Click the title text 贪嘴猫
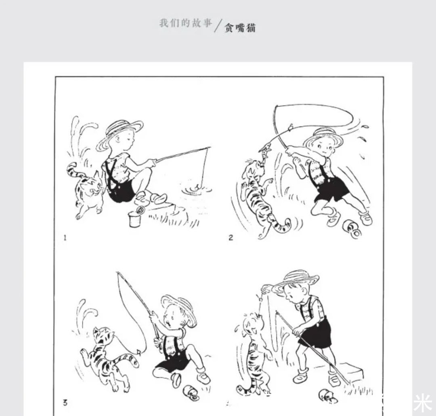(x=240, y=27)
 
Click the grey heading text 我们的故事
(x=185, y=23)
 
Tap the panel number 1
(x=65, y=237)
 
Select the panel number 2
(x=231, y=237)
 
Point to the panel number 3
(x=65, y=402)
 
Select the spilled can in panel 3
(x=190, y=392)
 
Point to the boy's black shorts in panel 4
(x=316, y=334)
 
